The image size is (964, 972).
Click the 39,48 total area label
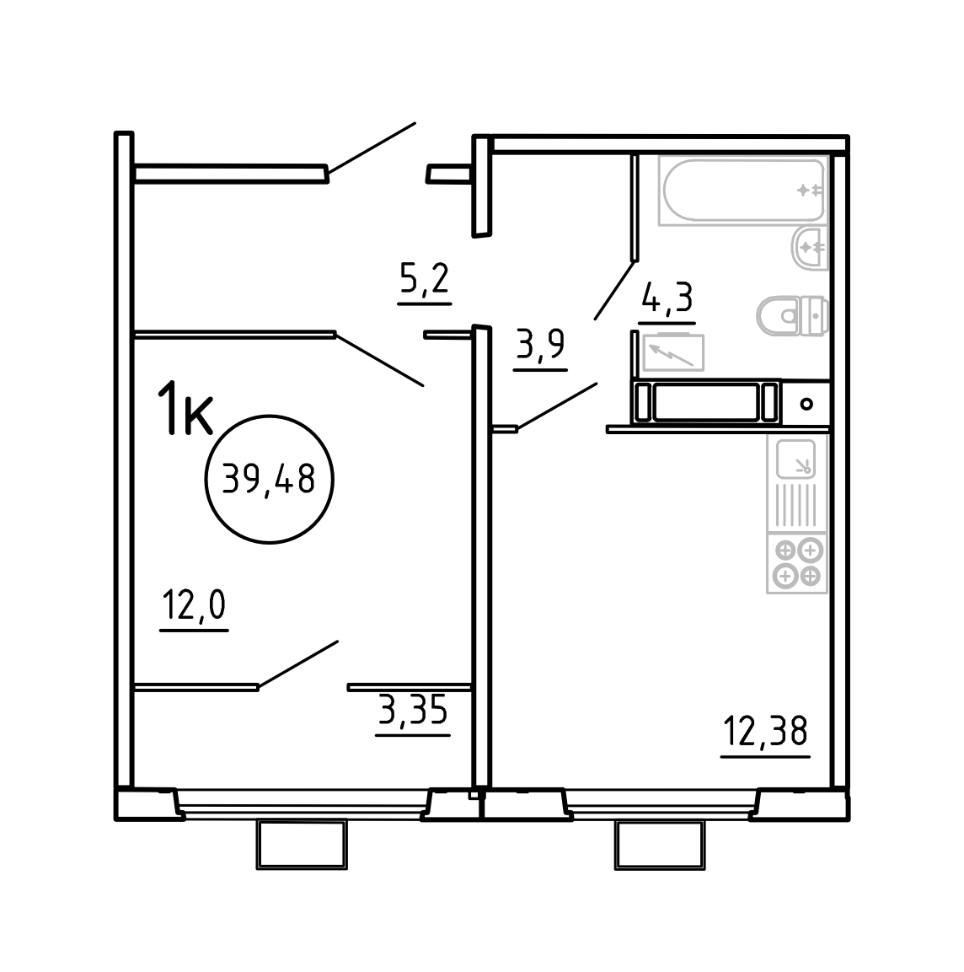269,479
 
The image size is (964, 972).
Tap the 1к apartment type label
185,408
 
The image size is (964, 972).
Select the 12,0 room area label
194,605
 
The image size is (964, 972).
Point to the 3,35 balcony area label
413,710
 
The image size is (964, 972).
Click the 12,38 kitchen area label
765,731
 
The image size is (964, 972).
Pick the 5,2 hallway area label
425,279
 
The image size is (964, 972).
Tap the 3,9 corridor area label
540,345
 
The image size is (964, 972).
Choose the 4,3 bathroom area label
667,298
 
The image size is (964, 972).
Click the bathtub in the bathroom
742,191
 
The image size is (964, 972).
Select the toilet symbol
792,316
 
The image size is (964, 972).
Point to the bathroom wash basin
811,248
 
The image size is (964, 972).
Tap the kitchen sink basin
796,459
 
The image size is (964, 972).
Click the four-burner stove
797,563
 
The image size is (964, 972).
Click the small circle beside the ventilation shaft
806,404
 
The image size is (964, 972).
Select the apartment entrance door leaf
372,148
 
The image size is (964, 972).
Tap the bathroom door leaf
614,290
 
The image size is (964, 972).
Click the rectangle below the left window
302,845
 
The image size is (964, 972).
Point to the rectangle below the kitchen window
660,846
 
